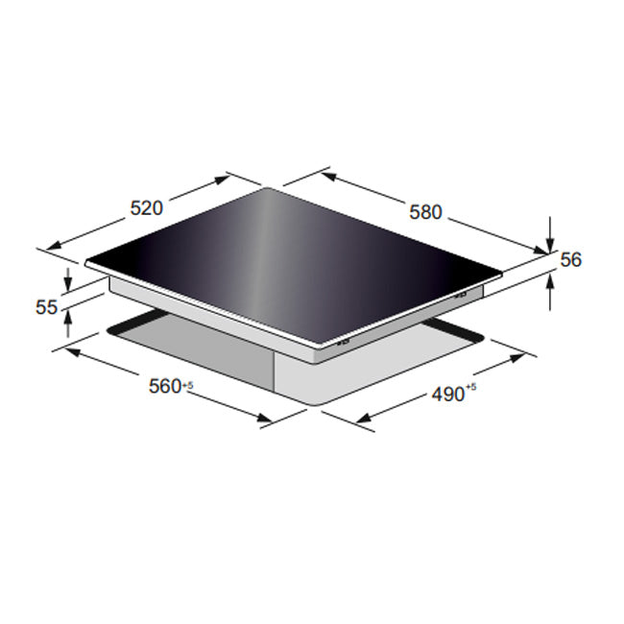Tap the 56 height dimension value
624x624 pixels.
572,259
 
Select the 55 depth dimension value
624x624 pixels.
46,307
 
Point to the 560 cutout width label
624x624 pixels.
164,386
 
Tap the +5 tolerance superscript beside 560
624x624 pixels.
188,384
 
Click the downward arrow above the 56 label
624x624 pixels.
549,231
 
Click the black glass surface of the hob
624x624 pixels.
288,259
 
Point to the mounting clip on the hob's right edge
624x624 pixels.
460,295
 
